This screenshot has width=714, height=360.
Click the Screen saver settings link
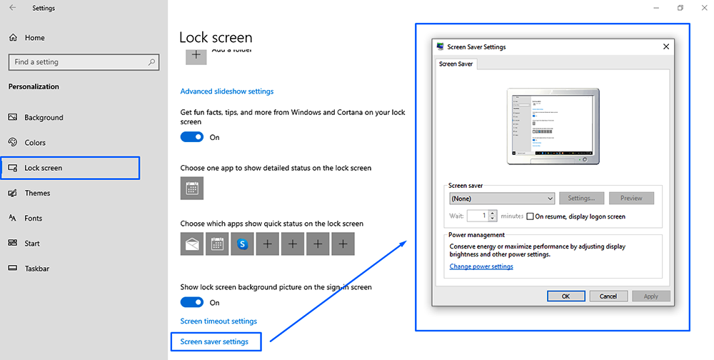click(x=214, y=342)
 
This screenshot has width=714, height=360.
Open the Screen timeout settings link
click(x=218, y=321)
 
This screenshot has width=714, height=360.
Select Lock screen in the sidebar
click(x=43, y=168)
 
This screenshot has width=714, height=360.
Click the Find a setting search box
click(x=82, y=62)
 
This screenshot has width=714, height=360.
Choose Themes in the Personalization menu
click(x=37, y=193)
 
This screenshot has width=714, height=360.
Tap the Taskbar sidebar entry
click(x=38, y=269)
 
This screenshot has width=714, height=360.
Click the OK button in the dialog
click(x=565, y=296)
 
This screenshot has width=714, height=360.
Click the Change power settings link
click(x=481, y=266)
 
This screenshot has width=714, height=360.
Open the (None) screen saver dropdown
click(x=502, y=199)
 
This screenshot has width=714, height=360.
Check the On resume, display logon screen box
click(x=530, y=216)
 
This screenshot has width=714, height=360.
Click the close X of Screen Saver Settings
click(x=665, y=47)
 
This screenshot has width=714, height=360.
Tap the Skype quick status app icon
click(x=242, y=244)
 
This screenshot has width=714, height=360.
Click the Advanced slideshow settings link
click(x=226, y=91)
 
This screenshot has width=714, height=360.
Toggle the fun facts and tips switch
click(x=192, y=137)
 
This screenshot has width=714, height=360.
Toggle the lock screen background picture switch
click(x=192, y=303)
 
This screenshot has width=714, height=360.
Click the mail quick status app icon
click(x=192, y=244)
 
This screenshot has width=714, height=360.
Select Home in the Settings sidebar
click(x=34, y=37)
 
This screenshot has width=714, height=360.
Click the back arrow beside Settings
click(x=12, y=9)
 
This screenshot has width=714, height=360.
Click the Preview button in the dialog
click(x=631, y=199)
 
